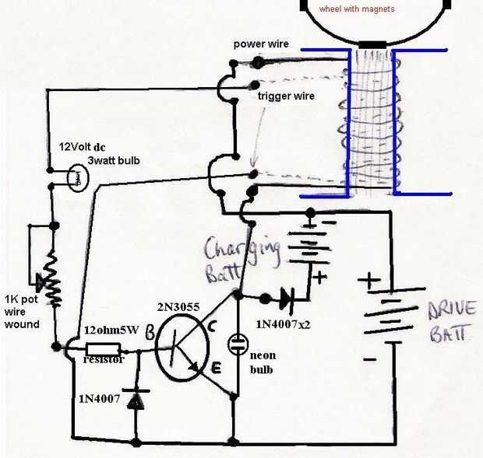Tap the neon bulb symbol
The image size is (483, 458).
(x=238, y=344)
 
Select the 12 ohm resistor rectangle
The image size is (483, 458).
(x=103, y=350)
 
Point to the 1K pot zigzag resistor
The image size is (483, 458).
(x=54, y=278)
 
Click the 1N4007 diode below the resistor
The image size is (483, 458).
(x=136, y=400)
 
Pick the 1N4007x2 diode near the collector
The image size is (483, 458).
(x=287, y=298)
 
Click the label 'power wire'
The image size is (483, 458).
(x=261, y=44)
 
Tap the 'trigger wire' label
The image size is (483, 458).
(x=286, y=96)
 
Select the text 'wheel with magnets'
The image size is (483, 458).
(x=357, y=9)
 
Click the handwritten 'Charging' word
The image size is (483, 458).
(x=242, y=250)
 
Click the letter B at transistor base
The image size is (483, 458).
(x=150, y=333)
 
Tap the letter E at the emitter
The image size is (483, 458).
(x=217, y=368)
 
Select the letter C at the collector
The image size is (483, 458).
(x=212, y=327)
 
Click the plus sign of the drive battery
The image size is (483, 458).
(x=369, y=281)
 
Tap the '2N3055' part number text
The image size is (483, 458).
(x=178, y=307)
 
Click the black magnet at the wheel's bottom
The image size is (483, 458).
(x=372, y=46)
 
